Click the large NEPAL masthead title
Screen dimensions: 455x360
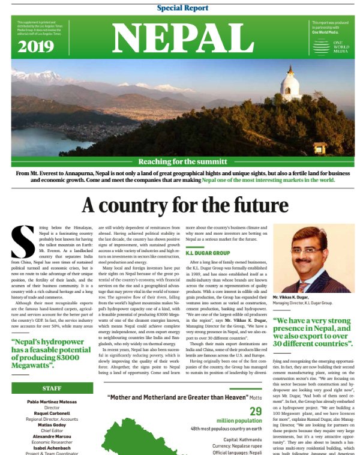(179, 39)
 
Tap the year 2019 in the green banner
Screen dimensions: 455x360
(34, 47)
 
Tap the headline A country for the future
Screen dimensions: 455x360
(185, 206)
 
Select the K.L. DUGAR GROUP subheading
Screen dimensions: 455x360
(209, 253)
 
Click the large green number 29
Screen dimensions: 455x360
(256, 412)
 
